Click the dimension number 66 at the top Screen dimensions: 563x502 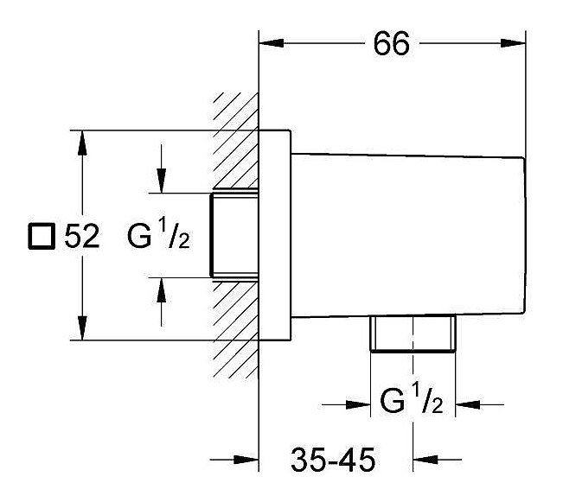click(x=391, y=43)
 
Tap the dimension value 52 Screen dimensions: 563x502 click(x=82, y=236)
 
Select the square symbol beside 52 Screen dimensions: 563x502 click(x=42, y=236)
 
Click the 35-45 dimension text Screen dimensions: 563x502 click(x=333, y=460)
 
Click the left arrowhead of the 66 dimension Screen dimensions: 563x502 click(x=272, y=43)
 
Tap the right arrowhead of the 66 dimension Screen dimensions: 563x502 click(x=513, y=43)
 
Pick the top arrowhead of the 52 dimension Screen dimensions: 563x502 click(x=82, y=143)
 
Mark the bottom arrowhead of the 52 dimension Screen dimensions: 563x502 click(x=82, y=327)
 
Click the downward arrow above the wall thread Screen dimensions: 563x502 click(x=162, y=168)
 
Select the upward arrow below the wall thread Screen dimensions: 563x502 click(x=162, y=302)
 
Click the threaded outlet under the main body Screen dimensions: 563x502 click(x=413, y=334)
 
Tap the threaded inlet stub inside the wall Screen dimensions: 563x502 click(x=234, y=235)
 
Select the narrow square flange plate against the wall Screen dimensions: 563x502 click(x=275, y=235)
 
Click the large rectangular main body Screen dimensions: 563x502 click(x=408, y=235)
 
